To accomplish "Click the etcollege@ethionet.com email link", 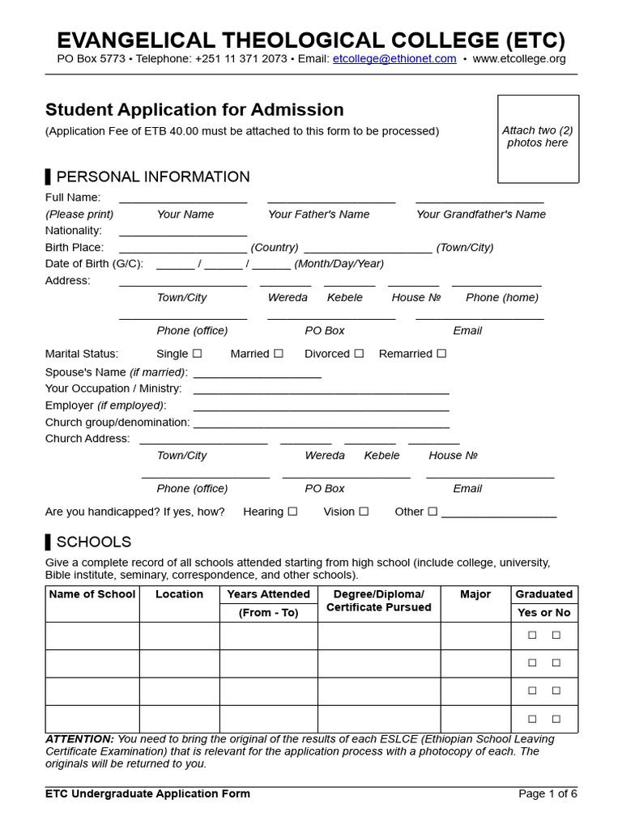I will click(x=394, y=59).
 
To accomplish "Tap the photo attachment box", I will click(x=538, y=138).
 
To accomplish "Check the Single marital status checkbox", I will click(x=198, y=354).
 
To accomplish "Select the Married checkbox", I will click(x=279, y=354).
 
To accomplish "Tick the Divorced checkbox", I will click(x=359, y=354).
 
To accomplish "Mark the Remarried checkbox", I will click(x=442, y=354).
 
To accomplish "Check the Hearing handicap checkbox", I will click(x=292, y=512).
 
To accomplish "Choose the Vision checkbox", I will click(x=364, y=512).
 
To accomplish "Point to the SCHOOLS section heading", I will click(x=93, y=542).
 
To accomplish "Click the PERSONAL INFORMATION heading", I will click(x=153, y=176).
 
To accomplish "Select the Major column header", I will click(x=475, y=594).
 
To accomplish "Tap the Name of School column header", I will click(x=92, y=594).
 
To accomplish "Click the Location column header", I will click(x=179, y=594).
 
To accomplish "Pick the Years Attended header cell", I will click(x=268, y=594).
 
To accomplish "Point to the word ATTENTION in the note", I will click(x=79, y=739).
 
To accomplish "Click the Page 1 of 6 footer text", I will click(x=547, y=793).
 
